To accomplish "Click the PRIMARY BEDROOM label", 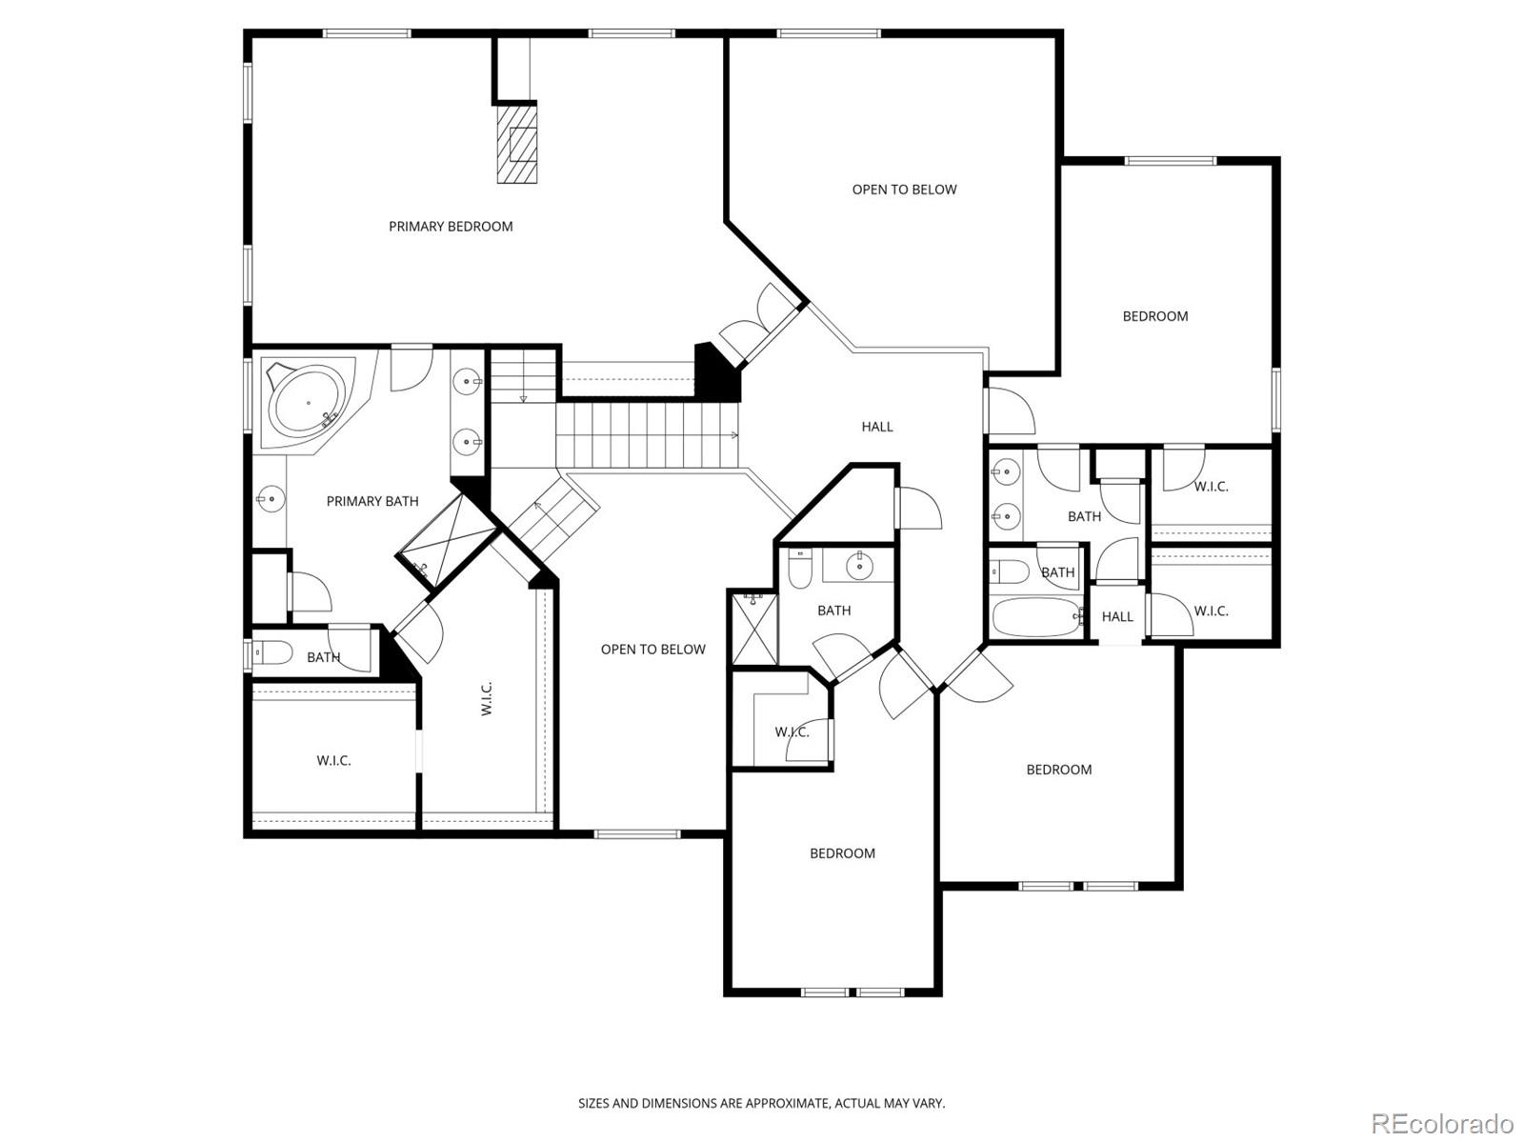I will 451,227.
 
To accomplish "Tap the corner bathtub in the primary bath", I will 307,404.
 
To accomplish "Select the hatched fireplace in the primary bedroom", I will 517,143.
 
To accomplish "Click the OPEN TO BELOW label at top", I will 904,190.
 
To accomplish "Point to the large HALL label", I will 877,427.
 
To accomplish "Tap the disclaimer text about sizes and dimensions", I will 761,1103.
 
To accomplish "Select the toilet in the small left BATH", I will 274,654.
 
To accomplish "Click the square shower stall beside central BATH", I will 753,628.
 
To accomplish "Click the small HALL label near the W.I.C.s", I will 1117,617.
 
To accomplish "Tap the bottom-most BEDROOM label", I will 842,853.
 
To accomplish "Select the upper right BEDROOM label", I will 1154,316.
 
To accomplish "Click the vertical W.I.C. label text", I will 487,698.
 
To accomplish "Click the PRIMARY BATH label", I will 372,501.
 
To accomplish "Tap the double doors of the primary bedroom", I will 759,326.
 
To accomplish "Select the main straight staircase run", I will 648,435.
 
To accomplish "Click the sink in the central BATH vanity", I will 860,565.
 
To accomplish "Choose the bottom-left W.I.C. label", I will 333,761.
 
